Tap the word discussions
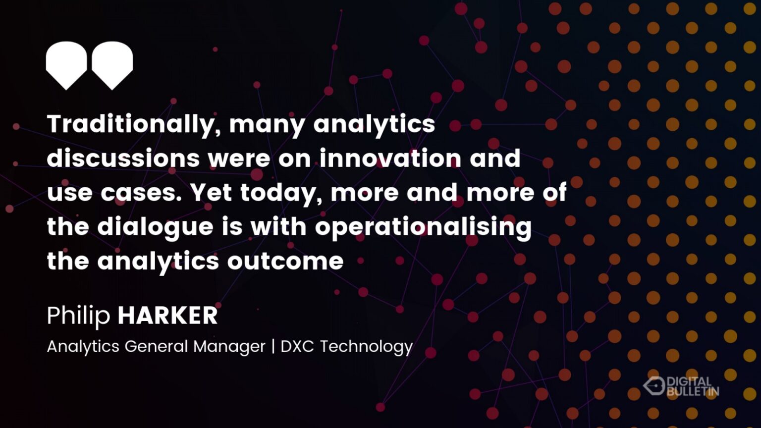pos(123,158)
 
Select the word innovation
pos(390,158)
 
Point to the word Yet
pos(211,193)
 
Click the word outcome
pos(285,261)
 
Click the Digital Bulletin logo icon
pos(653,386)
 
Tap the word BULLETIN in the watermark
pos(693,391)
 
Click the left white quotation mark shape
pos(66,65)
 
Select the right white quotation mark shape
pos(112,65)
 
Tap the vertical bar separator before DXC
pos(273,346)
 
